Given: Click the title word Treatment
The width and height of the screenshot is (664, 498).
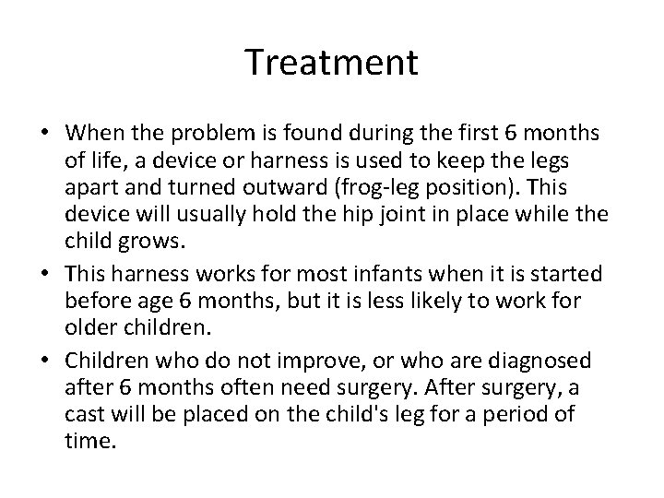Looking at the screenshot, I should (332, 62).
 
